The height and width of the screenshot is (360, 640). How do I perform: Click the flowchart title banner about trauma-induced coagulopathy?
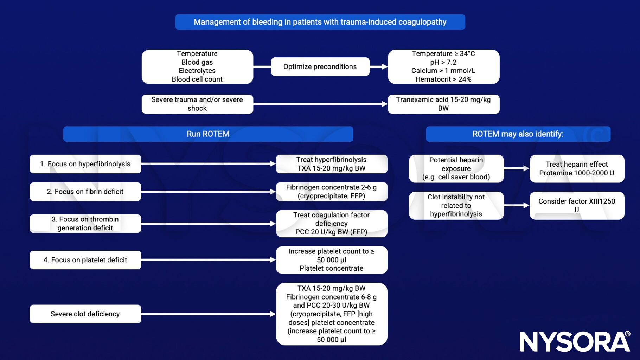[x=320, y=22]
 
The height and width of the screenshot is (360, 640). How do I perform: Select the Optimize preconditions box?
[x=320, y=67]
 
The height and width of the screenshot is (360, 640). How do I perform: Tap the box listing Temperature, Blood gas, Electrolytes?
[x=197, y=67]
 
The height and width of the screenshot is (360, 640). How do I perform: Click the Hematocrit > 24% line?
[x=443, y=79]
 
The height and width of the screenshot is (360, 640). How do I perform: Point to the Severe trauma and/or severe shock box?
[x=197, y=104]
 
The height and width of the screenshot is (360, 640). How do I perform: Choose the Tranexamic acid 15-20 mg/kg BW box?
[x=443, y=104]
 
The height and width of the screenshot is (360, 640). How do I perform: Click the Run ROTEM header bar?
[x=208, y=134]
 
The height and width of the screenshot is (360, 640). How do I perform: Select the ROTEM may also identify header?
[x=518, y=134]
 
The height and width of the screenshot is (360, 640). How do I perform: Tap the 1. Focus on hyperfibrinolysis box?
[x=85, y=164]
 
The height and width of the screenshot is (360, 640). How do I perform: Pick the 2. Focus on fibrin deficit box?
[x=85, y=192]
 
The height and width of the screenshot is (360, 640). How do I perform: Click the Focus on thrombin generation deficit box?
[x=85, y=224]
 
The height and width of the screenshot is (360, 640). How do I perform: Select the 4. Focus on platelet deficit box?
[x=85, y=260]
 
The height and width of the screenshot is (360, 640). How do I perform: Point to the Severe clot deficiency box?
[x=85, y=314]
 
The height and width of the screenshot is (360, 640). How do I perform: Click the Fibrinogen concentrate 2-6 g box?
[x=332, y=192]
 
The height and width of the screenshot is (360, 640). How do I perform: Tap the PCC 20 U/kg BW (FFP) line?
[x=331, y=232]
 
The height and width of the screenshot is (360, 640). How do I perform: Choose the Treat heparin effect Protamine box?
[x=577, y=169]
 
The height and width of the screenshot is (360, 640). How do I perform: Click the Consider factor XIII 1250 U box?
[x=577, y=206]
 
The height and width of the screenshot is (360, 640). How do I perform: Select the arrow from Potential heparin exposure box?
[x=517, y=169]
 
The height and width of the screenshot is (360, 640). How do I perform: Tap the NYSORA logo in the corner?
[x=575, y=341]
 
